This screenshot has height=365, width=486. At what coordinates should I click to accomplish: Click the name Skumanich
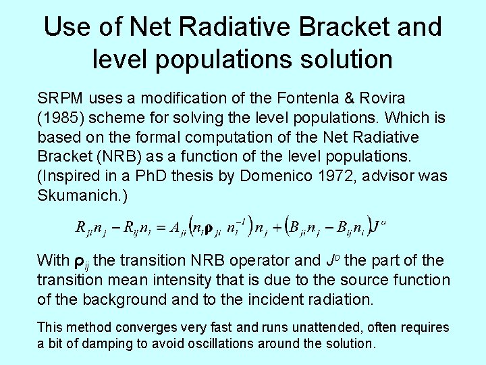(x=74, y=196)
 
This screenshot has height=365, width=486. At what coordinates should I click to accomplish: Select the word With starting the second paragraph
(x=53, y=260)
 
